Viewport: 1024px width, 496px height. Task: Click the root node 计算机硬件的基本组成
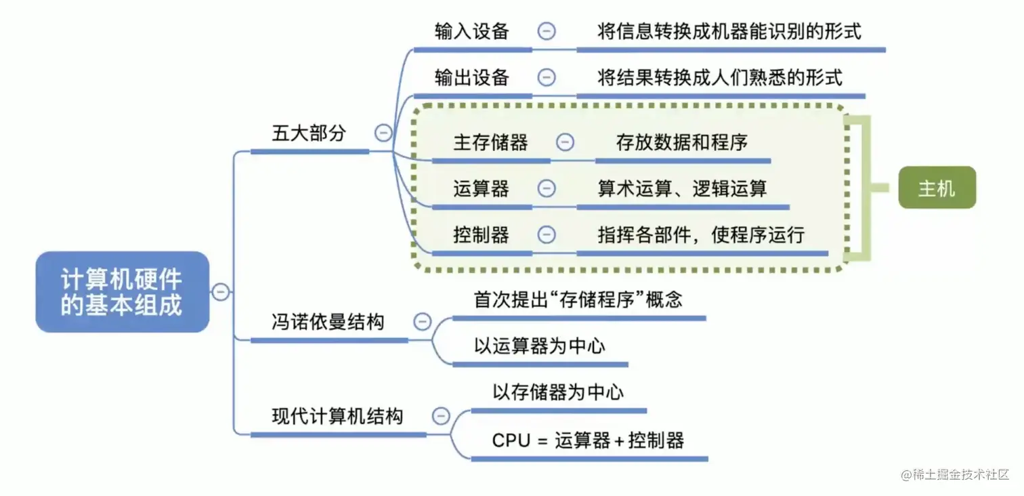pyautogui.click(x=122, y=292)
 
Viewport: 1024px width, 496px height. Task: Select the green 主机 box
pyautogui.click(x=937, y=188)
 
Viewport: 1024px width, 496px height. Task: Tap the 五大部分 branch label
pyautogui.click(x=309, y=133)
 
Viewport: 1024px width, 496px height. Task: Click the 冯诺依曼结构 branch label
pyautogui.click(x=328, y=322)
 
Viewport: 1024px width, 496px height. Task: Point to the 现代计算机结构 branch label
pyautogui.click(x=337, y=415)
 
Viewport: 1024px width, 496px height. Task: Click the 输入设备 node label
pyautogui.click(x=472, y=31)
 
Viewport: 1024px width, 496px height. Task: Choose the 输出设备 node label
pyautogui.click(x=472, y=77)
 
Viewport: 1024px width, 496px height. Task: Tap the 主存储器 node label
pyautogui.click(x=490, y=142)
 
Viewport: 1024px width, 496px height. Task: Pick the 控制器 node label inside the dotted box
pyautogui.click(x=481, y=235)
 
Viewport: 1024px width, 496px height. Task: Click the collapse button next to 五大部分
pyautogui.click(x=384, y=133)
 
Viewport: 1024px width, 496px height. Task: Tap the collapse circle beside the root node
pyautogui.click(x=220, y=292)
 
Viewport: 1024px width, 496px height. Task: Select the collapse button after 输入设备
pyautogui.click(x=547, y=31)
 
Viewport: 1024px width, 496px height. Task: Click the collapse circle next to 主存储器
pyautogui.click(x=565, y=142)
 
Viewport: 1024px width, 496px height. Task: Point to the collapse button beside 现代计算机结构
pyautogui.click(x=441, y=415)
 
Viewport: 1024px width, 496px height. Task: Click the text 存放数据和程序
pyautogui.click(x=682, y=142)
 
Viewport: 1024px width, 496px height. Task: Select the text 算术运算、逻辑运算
pyautogui.click(x=682, y=188)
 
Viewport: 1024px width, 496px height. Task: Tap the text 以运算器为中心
pyautogui.click(x=539, y=346)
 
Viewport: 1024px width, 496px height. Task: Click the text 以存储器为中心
pyautogui.click(x=558, y=392)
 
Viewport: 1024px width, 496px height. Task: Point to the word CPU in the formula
pyautogui.click(x=511, y=440)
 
